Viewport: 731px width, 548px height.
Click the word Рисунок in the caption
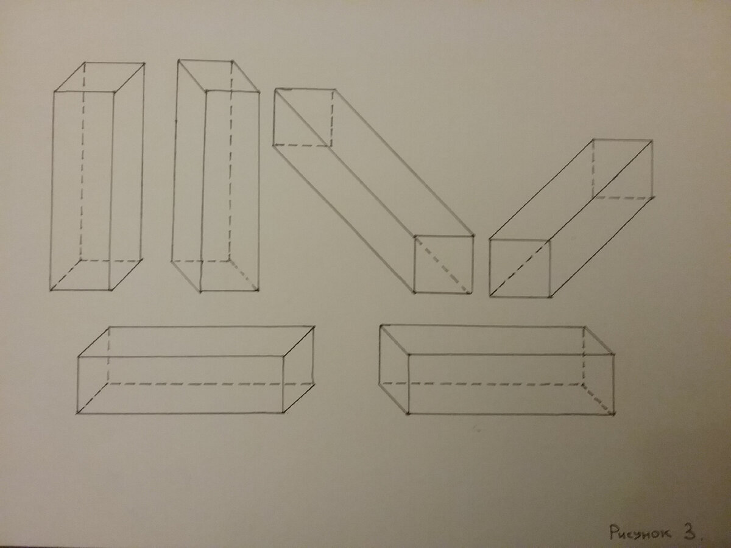[x=640, y=532]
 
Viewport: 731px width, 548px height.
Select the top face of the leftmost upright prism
[x=99, y=77]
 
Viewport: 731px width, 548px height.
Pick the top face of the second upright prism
[x=219, y=76]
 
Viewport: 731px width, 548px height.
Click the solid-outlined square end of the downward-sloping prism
[x=444, y=264]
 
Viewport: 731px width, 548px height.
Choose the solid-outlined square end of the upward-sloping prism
[x=520, y=268]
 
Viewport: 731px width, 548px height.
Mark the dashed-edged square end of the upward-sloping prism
[x=622, y=169]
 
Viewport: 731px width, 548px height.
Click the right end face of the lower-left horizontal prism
[x=298, y=370]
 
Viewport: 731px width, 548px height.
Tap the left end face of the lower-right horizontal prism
[x=394, y=370]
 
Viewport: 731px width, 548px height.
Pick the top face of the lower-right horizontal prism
[x=497, y=340]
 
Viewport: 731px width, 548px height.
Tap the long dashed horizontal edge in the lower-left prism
[x=211, y=384]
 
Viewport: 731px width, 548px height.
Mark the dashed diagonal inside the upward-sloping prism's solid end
[x=520, y=268]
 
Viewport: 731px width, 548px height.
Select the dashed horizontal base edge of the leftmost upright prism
[x=111, y=260]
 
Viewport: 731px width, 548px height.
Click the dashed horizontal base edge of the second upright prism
[x=200, y=261]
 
